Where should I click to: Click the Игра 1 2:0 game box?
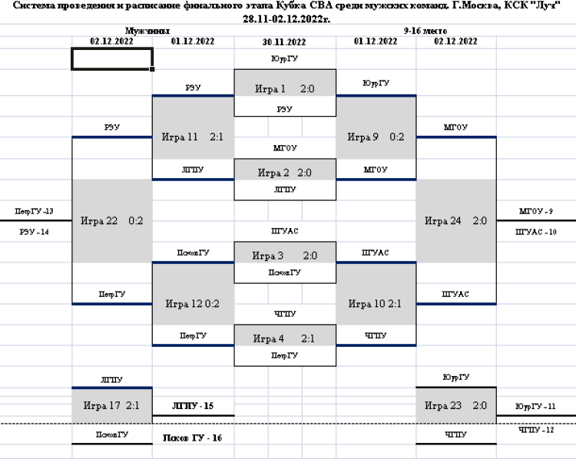(x=285, y=89)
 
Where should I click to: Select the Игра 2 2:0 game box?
(x=285, y=173)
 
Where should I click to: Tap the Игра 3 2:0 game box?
(x=285, y=256)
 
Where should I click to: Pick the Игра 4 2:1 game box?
(x=285, y=338)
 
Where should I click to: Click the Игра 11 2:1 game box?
(x=193, y=137)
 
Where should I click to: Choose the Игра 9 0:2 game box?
(x=376, y=137)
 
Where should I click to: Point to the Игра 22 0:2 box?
(x=112, y=221)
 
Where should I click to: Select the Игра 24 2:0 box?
(x=456, y=221)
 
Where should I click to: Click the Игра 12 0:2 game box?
(x=193, y=303)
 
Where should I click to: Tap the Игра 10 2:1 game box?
(x=376, y=303)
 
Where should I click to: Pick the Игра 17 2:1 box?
(x=112, y=405)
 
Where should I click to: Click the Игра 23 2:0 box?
(x=456, y=405)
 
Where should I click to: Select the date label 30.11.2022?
(x=285, y=41)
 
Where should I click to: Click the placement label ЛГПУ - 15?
(x=193, y=405)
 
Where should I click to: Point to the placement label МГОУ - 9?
(x=536, y=211)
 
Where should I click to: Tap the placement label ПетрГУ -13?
(x=34, y=211)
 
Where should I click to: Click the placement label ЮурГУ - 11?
(x=536, y=405)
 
